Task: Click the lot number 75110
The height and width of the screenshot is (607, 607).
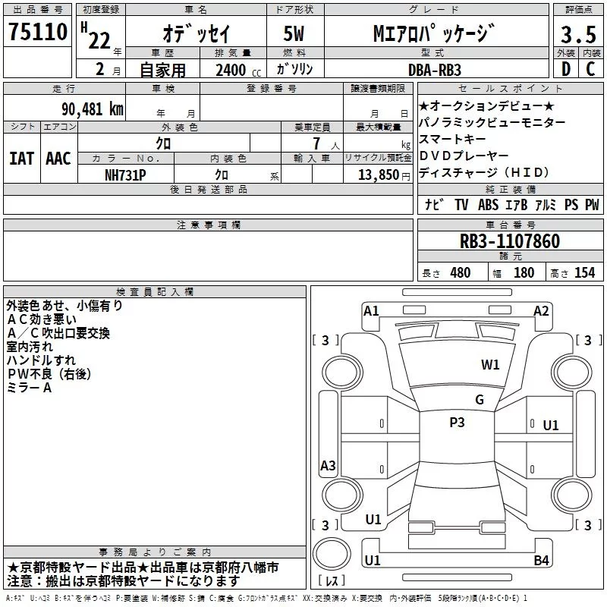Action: click(x=38, y=31)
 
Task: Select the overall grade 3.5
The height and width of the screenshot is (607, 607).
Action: click(x=578, y=34)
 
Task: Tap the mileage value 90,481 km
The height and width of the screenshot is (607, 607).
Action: click(x=93, y=109)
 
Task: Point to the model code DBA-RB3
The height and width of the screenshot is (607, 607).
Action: click(x=435, y=70)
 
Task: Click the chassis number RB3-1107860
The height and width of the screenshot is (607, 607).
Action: click(x=510, y=241)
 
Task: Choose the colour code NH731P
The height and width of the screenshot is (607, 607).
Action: click(x=125, y=175)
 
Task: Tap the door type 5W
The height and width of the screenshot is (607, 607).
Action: click(x=294, y=33)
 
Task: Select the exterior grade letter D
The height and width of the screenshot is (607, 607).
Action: click(x=566, y=69)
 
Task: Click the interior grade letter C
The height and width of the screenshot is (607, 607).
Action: click(x=590, y=69)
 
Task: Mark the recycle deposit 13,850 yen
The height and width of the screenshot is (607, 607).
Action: click(x=384, y=175)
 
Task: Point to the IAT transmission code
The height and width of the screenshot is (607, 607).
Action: click(x=21, y=159)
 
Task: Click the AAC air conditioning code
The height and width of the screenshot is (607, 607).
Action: click(x=58, y=159)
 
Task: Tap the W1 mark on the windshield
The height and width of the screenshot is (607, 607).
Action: click(x=490, y=364)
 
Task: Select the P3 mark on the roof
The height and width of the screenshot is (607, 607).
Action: click(x=457, y=422)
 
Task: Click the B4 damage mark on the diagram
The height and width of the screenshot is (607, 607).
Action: click(x=541, y=560)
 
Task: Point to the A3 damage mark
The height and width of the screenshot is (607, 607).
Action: click(x=328, y=465)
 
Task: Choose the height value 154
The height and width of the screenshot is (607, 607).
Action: click(x=584, y=272)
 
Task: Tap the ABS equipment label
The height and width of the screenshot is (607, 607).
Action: click(x=488, y=204)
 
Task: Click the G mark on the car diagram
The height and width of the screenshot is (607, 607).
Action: click(x=480, y=399)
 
